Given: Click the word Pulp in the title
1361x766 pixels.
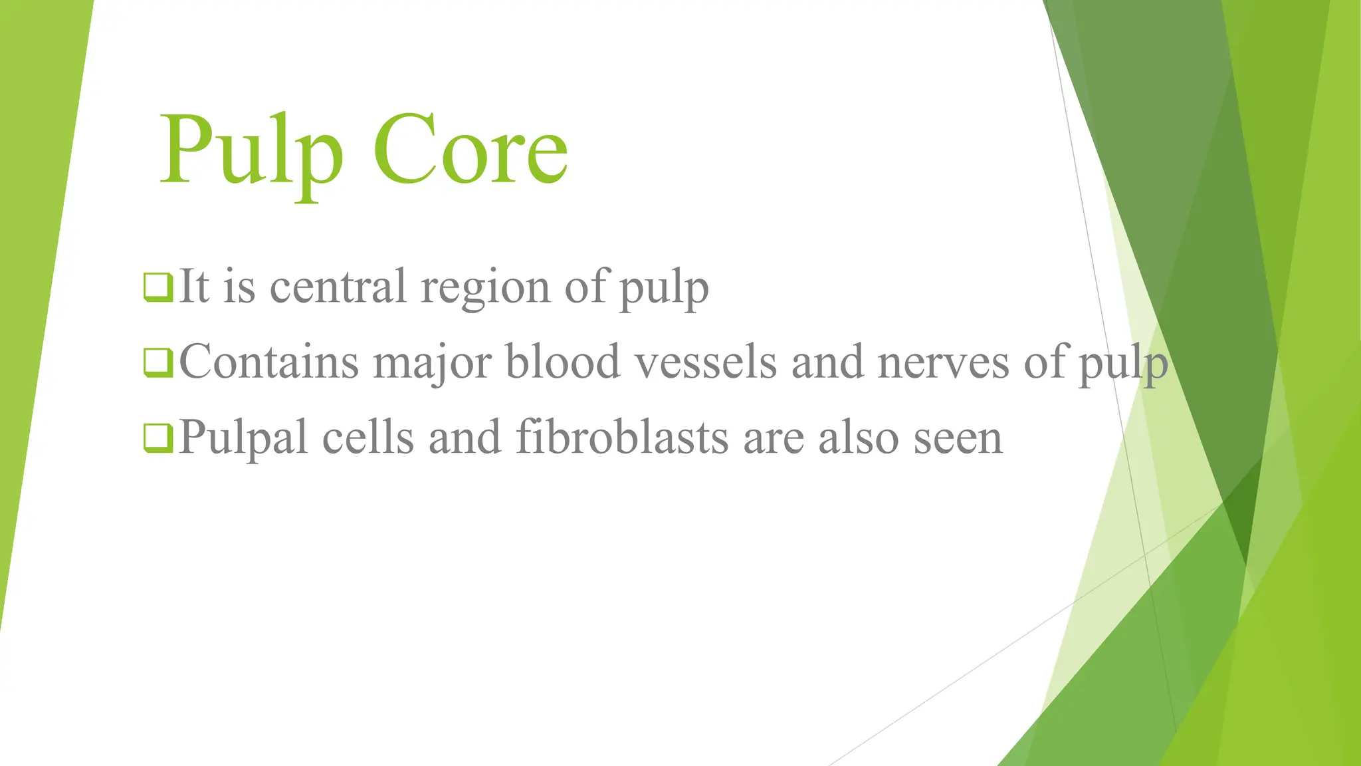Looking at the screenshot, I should coord(251,150).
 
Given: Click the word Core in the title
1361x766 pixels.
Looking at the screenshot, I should coord(471,150).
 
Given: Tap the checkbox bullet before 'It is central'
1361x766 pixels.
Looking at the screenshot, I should coord(158,287).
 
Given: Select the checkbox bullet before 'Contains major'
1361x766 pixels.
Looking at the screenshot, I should coord(158,363).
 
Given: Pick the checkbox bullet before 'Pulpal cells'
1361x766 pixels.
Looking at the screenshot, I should coord(158,439).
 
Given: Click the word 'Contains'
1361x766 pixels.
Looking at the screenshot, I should coord(268,362).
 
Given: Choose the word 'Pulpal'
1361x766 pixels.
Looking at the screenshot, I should coord(243,439).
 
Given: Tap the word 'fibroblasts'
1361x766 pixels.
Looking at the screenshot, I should coord(622,438).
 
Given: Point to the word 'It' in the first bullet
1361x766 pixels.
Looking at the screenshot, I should coord(193,287).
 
